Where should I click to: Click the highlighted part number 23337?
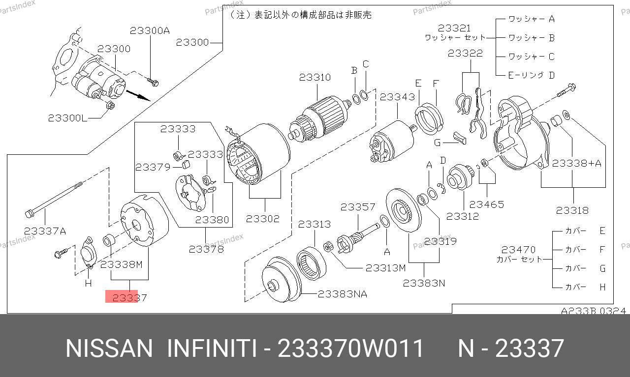click(129, 298)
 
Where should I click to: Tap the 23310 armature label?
click(315, 77)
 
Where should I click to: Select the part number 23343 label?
click(397, 97)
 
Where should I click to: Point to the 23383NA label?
click(342, 294)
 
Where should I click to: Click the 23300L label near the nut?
click(67, 118)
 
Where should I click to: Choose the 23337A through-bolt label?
click(45, 231)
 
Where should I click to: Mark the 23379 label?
click(153, 168)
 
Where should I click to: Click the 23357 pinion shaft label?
click(358, 207)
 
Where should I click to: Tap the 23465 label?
click(487, 204)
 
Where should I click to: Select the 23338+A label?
click(576, 163)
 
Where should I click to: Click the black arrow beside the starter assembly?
click(138, 95)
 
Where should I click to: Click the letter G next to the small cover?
click(437, 143)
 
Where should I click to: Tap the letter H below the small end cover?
click(88, 283)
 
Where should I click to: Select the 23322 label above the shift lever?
click(465, 53)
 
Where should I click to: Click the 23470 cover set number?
click(518, 250)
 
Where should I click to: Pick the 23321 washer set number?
click(454, 28)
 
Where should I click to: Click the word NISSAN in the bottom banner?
click(109, 348)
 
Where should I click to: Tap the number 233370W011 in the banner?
click(350, 348)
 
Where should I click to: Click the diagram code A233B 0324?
click(594, 311)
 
